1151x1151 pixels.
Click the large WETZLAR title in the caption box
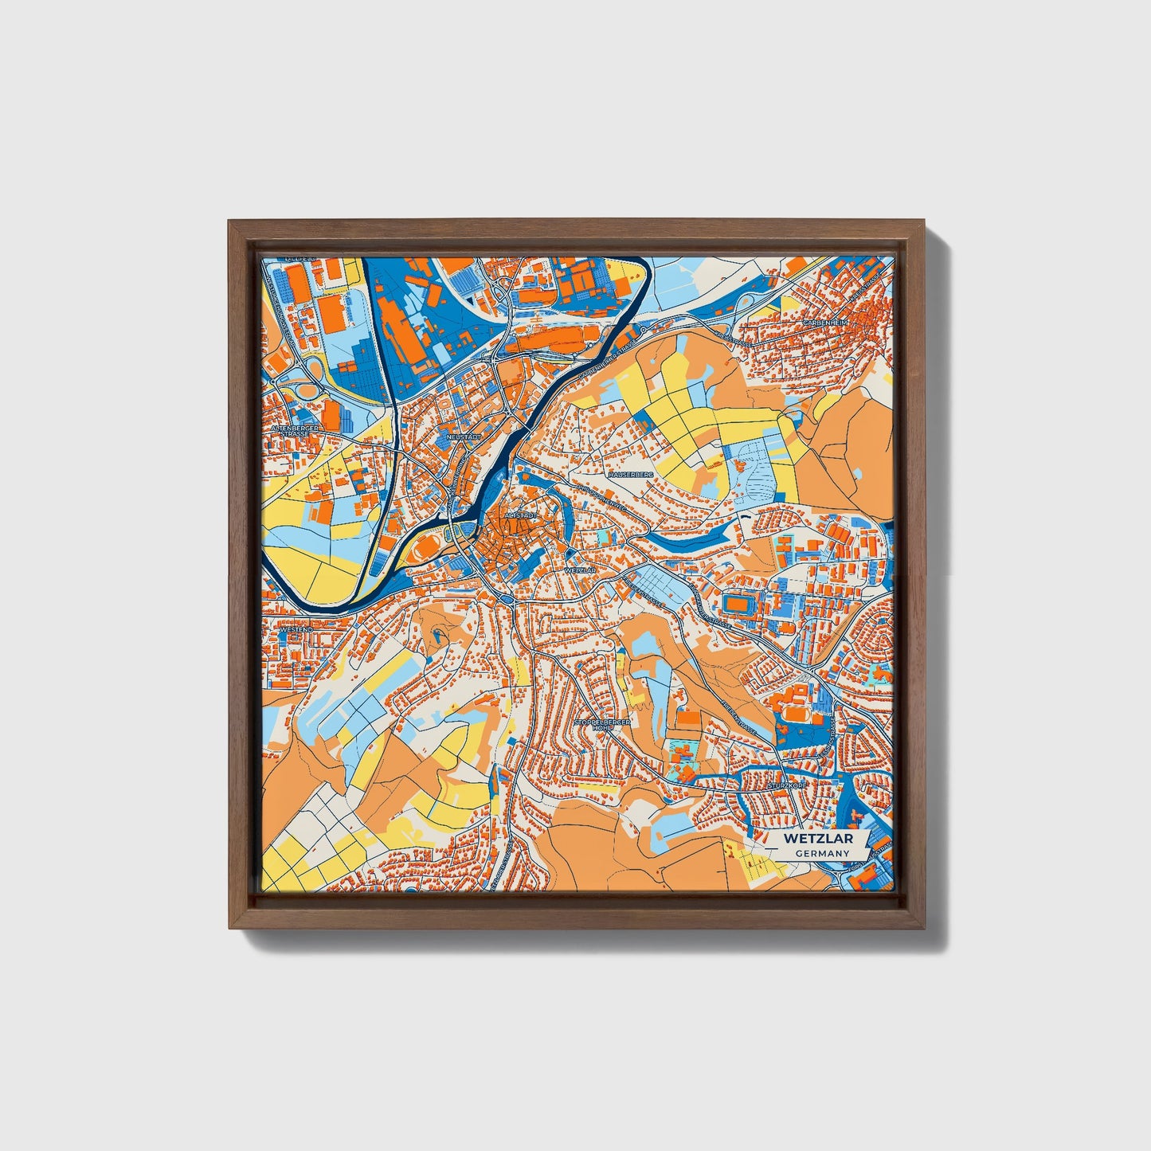(x=817, y=839)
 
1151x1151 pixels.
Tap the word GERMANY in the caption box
(x=822, y=853)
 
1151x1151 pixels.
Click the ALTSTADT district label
(x=519, y=516)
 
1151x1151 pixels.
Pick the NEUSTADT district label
(x=465, y=437)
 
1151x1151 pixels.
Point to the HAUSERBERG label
(x=631, y=474)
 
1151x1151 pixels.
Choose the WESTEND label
(x=297, y=629)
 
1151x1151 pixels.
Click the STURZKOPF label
(x=787, y=785)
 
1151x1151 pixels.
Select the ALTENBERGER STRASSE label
(x=295, y=431)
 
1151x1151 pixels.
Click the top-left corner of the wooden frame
(x=229, y=222)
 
